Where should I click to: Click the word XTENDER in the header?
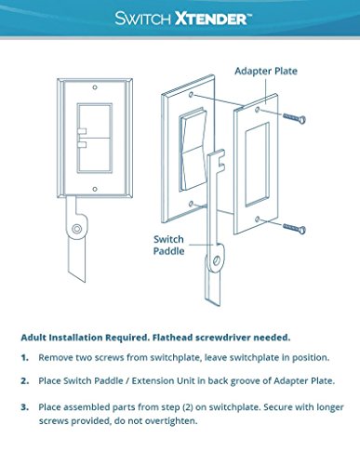point(211,19)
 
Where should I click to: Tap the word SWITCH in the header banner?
point(142,19)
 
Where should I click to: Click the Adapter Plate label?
point(266,71)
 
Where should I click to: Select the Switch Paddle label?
point(168,245)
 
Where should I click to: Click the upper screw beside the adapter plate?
point(294,117)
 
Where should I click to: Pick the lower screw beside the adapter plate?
point(294,228)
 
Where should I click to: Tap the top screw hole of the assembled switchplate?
point(95,87)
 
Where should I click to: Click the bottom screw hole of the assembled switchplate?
point(95,189)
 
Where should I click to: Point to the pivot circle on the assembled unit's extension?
point(76,229)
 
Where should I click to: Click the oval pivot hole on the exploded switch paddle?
point(217,260)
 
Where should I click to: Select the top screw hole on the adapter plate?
point(258,110)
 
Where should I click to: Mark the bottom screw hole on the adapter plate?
point(257,219)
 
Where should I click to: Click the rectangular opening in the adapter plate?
point(257,165)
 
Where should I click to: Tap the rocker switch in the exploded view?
point(193,150)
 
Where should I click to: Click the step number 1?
point(25,358)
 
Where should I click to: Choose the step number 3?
point(25,407)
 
